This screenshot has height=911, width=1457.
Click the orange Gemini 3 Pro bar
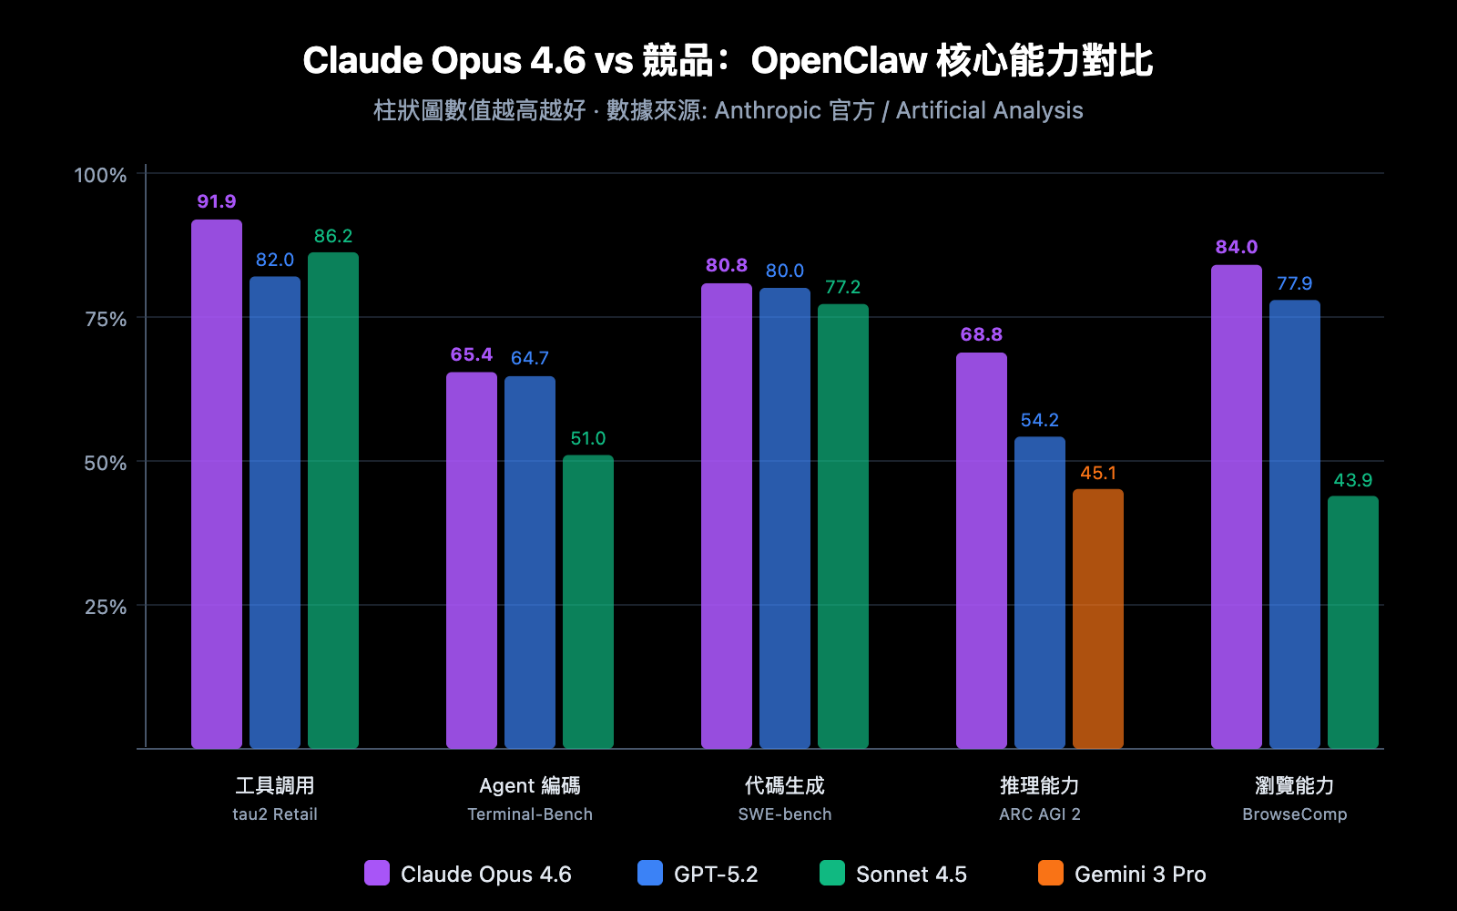(x=1097, y=619)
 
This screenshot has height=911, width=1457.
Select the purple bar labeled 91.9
(x=217, y=483)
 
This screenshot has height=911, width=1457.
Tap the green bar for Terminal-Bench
(x=587, y=601)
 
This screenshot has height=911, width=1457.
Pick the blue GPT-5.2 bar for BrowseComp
(x=1294, y=524)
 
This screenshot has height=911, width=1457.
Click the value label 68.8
(x=981, y=334)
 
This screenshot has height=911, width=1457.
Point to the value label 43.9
(x=1352, y=480)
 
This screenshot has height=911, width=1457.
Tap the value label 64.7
(x=529, y=358)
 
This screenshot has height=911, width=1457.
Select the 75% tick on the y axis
(x=106, y=319)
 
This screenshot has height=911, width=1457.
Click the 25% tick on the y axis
(x=106, y=607)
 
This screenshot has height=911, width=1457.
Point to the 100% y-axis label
(x=100, y=175)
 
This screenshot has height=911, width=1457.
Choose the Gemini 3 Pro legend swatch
(x=1050, y=873)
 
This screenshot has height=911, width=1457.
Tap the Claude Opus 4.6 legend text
(x=485, y=875)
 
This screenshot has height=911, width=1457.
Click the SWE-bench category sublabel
(x=784, y=814)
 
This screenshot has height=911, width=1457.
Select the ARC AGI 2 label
(x=1039, y=814)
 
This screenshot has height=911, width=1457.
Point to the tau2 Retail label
(x=274, y=814)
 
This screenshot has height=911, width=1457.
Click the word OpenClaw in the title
(x=838, y=61)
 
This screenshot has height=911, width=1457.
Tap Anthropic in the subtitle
(x=768, y=110)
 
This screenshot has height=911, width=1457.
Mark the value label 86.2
(x=332, y=236)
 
